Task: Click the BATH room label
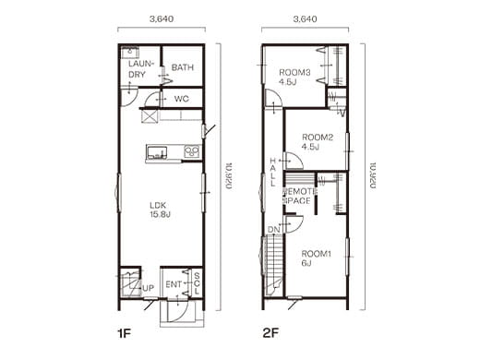(x=182, y=67)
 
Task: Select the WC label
(x=181, y=99)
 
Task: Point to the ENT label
(x=173, y=283)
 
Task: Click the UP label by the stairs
(x=148, y=289)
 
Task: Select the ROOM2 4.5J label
(x=316, y=140)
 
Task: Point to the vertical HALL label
(x=273, y=172)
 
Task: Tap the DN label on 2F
(x=273, y=229)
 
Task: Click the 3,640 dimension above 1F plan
(x=162, y=18)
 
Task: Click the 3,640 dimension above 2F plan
(x=306, y=18)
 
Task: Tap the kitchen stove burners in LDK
(x=192, y=151)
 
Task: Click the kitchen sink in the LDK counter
(x=154, y=151)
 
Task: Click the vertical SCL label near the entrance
(x=196, y=282)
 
